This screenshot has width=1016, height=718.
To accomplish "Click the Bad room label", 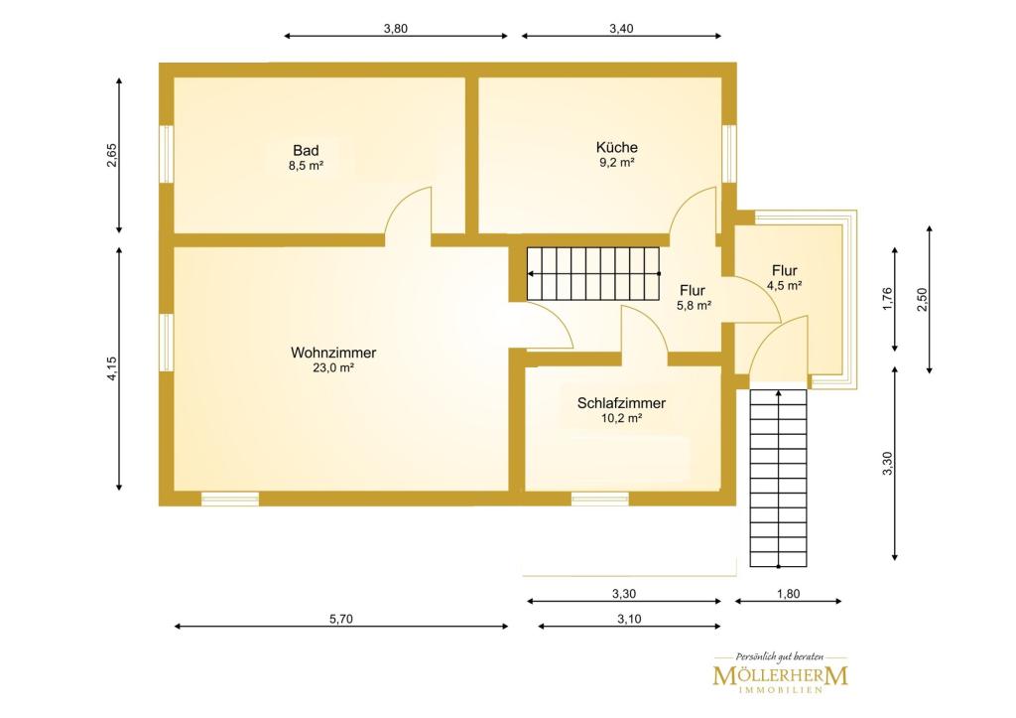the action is click(306, 151).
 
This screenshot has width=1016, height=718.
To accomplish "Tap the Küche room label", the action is click(617, 147).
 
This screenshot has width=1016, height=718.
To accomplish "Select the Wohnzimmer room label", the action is click(333, 353).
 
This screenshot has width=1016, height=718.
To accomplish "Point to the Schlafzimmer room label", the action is click(621, 403).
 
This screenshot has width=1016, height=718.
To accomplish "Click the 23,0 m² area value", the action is click(333, 368).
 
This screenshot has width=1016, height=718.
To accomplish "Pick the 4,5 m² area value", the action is click(785, 285).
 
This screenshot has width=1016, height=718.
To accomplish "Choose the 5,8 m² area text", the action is click(694, 306).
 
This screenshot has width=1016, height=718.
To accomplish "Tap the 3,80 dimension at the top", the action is click(395, 29).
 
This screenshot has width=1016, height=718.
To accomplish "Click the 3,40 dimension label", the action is click(621, 29).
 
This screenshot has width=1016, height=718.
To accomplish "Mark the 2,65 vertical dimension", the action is click(112, 155).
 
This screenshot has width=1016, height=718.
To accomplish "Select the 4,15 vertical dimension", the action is click(112, 368).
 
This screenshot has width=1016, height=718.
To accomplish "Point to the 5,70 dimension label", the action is click(341, 620).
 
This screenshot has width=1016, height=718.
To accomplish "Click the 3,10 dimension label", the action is click(629, 620).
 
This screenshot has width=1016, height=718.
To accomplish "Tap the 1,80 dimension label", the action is click(788, 594).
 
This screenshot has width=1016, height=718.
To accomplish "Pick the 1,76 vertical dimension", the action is click(888, 299).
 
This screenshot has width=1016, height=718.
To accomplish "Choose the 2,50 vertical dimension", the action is click(922, 299).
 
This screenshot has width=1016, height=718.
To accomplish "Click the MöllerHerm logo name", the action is click(780, 675).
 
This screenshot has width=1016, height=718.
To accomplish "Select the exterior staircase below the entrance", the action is click(778, 478).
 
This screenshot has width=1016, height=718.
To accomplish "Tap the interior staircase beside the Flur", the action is click(593, 274).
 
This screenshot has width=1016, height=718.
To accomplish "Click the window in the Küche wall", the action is click(729, 154).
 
